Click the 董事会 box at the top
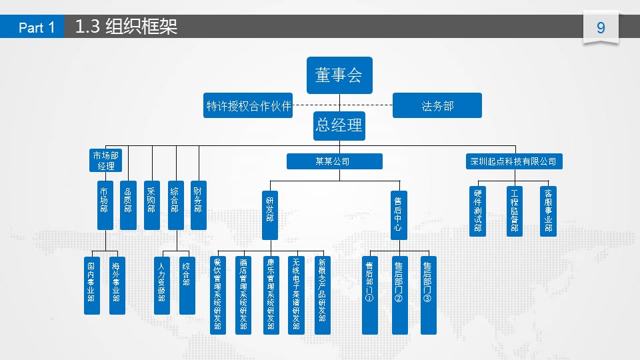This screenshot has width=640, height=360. pyautogui.click(x=339, y=75)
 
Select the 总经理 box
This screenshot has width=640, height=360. pyautogui.click(x=339, y=125)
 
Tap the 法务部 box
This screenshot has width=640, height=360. pyautogui.click(x=437, y=105)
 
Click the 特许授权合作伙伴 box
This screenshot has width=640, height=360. pyautogui.click(x=249, y=105)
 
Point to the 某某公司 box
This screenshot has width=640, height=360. pyautogui.click(x=334, y=161)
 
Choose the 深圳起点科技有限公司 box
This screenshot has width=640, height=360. pyautogui.click(x=513, y=161)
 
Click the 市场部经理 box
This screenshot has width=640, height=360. pyautogui.click(x=106, y=161)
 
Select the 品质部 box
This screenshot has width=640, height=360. pyautogui.click(x=128, y=205)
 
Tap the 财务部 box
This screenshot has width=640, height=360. pyautogui.click(x=198, y=205)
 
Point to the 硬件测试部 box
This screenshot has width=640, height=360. pyautogui.click(x=478, y=211)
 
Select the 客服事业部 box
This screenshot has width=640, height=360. pyautogui.click(x=548, y=211)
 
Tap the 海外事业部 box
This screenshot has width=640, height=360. pyautogui.click(x=116, y=285)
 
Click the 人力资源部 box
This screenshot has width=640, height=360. pyautogui.click(x=161, y=285)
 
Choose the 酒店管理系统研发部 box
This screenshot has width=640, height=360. pyautogui.click(x=243, y=295)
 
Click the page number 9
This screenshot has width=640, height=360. pyautogui.click(x=601, y=28)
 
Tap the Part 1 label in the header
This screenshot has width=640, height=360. pyautogui.click(x=37, y=27)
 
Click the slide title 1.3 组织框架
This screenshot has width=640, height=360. pyautogui.click(x=127, y=27)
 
